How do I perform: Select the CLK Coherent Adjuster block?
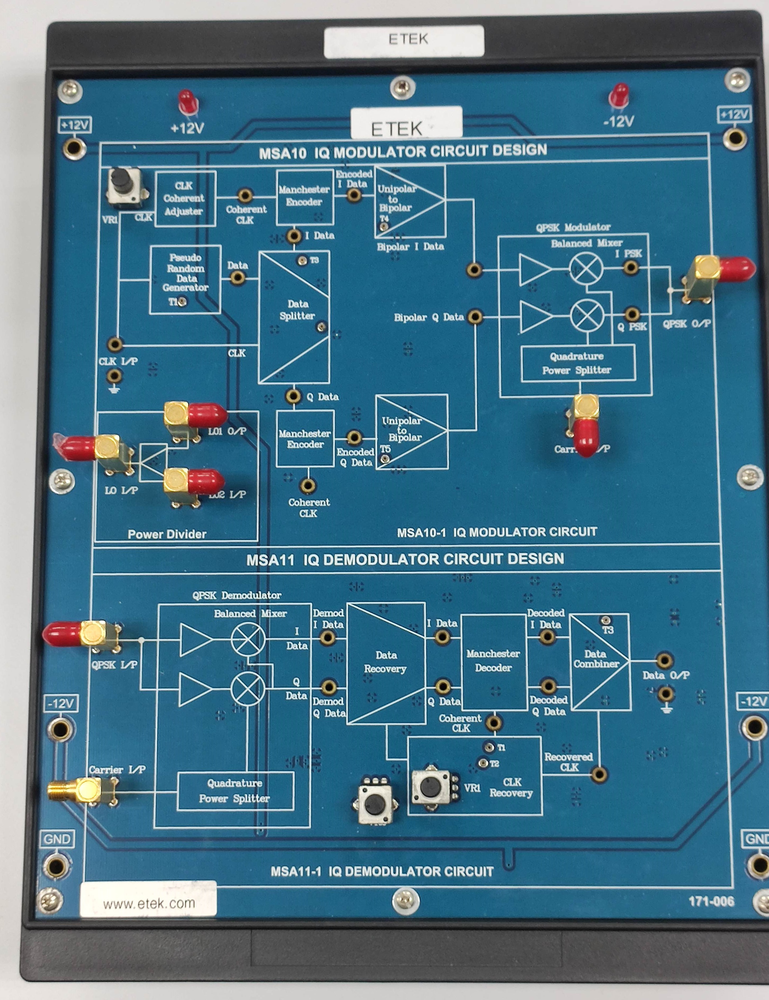pos(185,198)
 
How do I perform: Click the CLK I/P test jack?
pos(115,344)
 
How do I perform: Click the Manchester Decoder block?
pos(493,661)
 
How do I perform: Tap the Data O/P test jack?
pos(664,661)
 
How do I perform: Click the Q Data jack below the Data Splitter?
pos(293,396)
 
